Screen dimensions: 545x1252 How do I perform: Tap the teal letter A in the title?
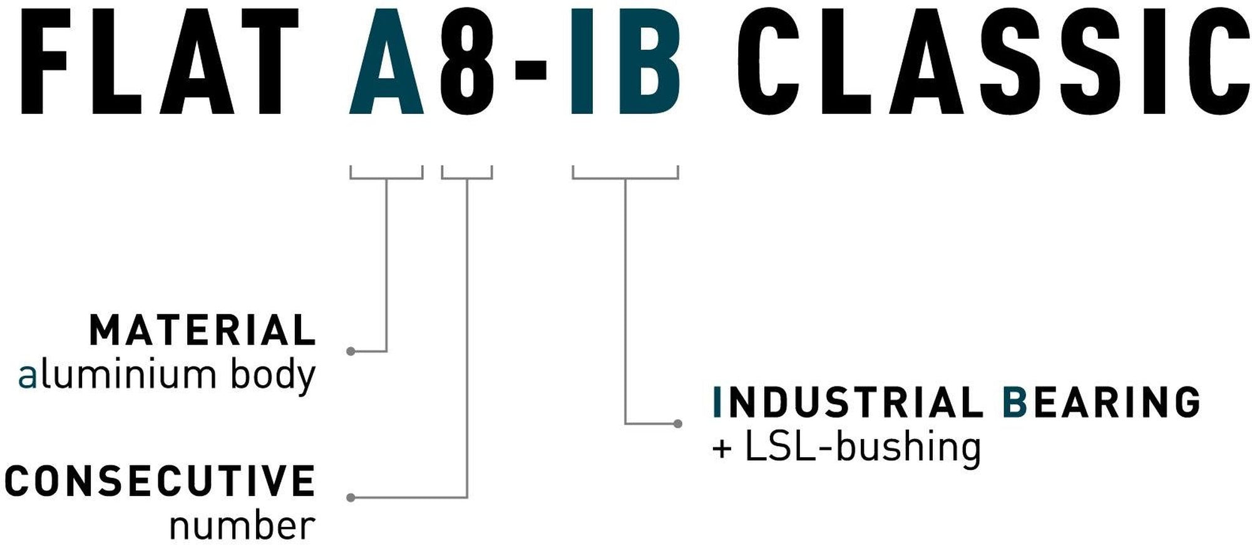pyautogui.click(x=387, y=63)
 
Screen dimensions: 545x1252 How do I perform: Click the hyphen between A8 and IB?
pyautogui.click(x=531, y=70)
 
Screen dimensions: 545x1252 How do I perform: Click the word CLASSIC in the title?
pyautogui.click(x=992, y=63)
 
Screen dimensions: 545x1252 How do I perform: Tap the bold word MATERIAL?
pyautogui.click(x=203, y=331)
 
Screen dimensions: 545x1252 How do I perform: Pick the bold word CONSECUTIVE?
pyautogui.click(x=160, y=481)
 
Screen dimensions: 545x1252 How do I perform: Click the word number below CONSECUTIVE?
pyautogui.click(x=242, y=526)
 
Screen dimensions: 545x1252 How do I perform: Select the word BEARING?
pyautogui.click(x=1102, y=402)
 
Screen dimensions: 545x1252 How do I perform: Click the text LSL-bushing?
pyautogui.click(x=863, y=447)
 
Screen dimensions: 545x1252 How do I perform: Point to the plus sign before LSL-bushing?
pyautogui.click(x=722, y=449)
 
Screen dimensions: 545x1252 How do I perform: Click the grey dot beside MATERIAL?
pyautogui.click(x=351, y=351)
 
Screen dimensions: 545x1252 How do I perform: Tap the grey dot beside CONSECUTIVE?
pyautogui.click(x=351, y=497)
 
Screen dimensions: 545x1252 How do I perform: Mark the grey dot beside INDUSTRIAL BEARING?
pyautogui.click(x=677, y=424)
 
